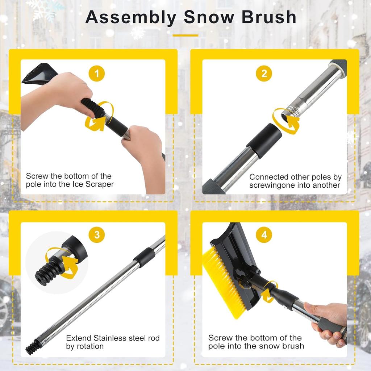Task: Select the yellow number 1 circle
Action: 97,74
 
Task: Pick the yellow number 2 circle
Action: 264,74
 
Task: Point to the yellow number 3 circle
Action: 97,235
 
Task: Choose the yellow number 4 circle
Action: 264,235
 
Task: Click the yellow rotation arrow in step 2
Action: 286,120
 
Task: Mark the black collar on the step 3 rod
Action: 144,257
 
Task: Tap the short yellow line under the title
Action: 185,35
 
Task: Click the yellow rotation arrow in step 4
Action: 269,292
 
